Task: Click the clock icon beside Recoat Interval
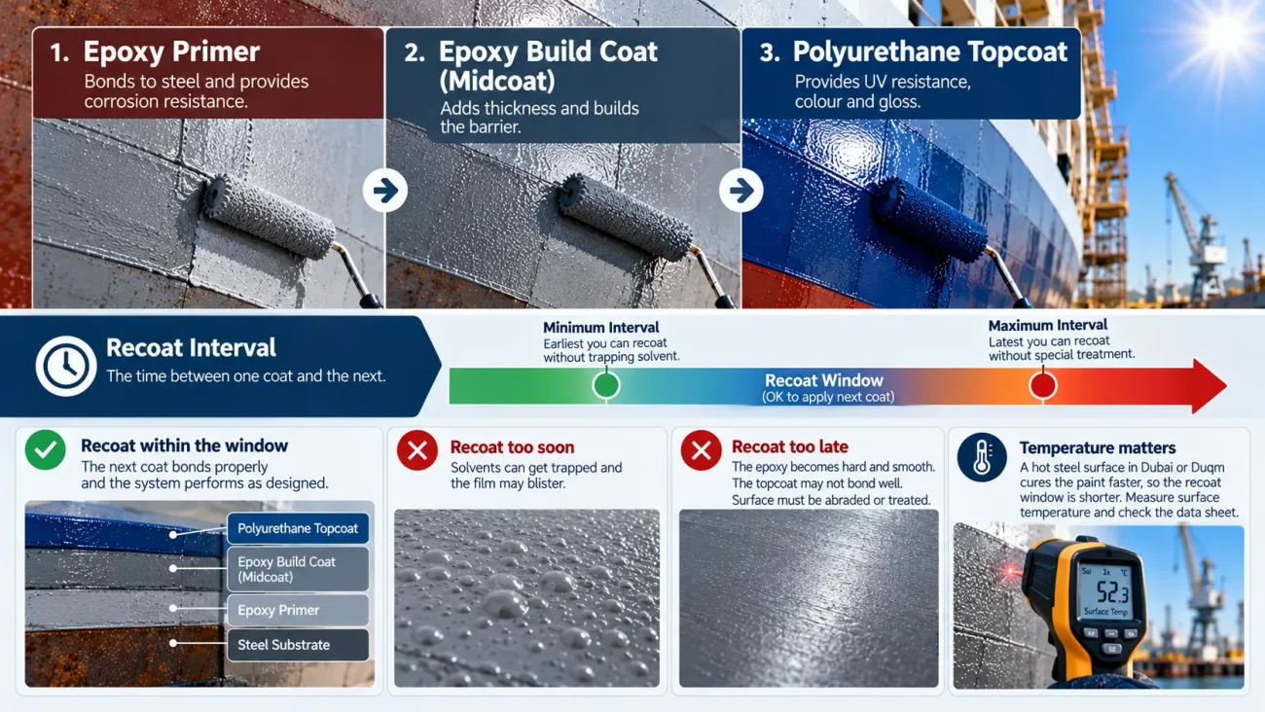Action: click(65, 366)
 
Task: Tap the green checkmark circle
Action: click(45, 449)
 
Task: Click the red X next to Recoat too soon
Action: click(417, 450)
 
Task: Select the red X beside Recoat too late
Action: click(701, 450)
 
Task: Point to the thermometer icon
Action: click(982, 457)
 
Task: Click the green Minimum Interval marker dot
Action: click(606, 385)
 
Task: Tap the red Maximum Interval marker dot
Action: click(1042, 385)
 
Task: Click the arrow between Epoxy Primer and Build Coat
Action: click(385, 191)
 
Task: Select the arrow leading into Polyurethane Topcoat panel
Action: click(741, 191)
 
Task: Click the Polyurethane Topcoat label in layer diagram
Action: click(298, 528)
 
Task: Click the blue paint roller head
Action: click(929, 219)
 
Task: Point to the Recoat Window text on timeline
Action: click(824, 380)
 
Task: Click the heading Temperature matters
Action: click(1098, 447)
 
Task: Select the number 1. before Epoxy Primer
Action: click(58, 53)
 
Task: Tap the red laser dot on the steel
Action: click(1010, 571)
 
